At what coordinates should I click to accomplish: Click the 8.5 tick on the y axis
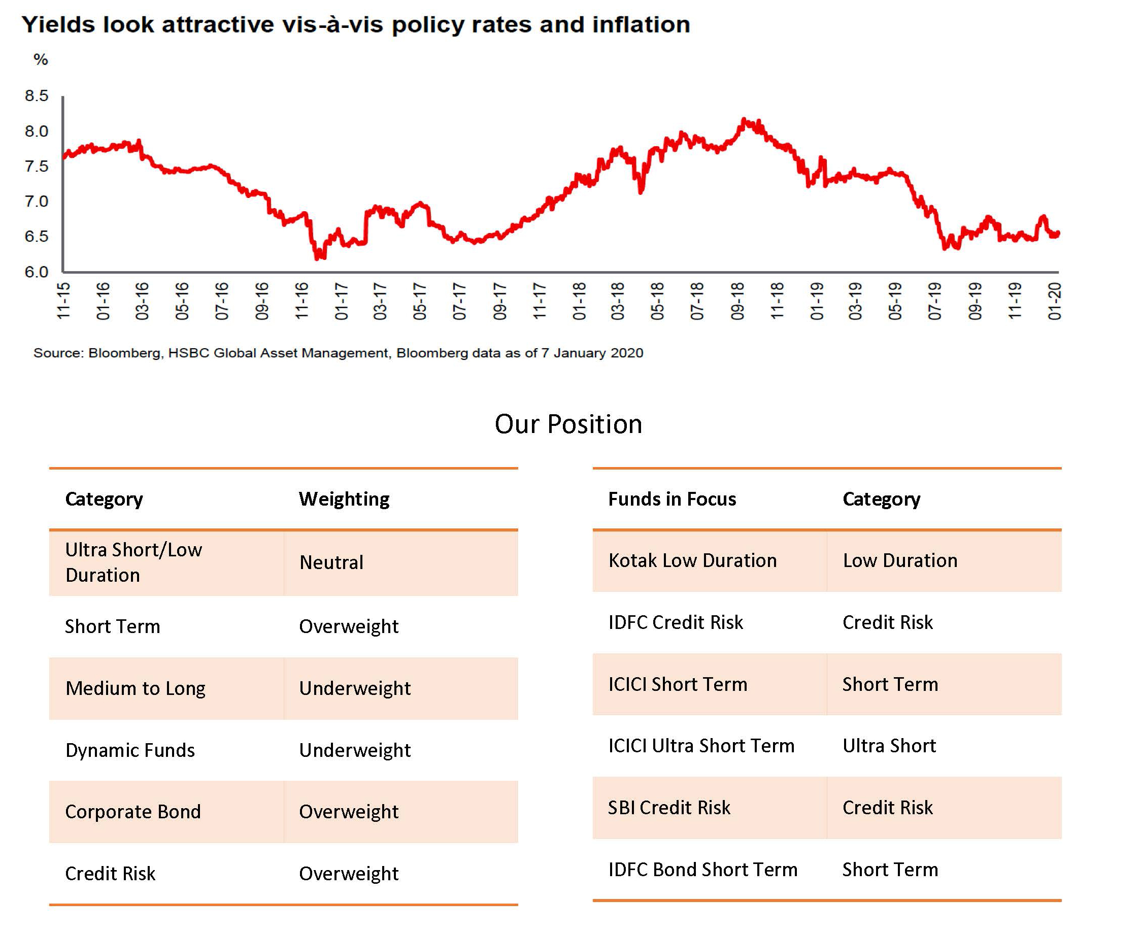point(37,96)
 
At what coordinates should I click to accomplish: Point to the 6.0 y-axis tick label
point(37,272)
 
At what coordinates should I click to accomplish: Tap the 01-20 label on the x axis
point(1055,302)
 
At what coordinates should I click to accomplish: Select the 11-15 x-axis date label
point(64,302)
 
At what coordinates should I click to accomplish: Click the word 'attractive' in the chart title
point(218,25)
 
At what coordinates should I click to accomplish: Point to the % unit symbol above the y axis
point(41,59)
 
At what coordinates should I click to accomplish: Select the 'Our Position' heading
point(568,424)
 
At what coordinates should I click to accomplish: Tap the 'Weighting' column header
point(344,500)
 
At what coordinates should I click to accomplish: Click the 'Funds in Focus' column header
point(672,500)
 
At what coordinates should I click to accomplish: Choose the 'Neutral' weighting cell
point(331,562)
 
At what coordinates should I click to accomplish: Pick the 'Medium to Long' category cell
point(135,689)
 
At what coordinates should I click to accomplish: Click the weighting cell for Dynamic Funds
point(355,751)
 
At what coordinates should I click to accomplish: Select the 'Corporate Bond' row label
point(133,812)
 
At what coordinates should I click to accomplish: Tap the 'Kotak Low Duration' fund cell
point(692,560)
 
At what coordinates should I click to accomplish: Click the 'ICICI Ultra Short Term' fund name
point(701,746)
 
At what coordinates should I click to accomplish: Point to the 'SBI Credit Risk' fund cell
point(669,808)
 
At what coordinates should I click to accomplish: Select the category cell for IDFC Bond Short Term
point(890,870)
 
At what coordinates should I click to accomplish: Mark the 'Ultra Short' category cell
point(889,746)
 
